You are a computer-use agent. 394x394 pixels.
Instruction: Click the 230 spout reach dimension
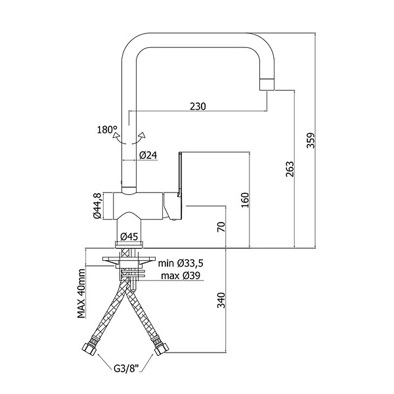[x=198, y=106]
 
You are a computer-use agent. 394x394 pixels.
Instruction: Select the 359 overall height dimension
[x=311, y=141]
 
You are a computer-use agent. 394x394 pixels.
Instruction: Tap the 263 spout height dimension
[x=290, y=169]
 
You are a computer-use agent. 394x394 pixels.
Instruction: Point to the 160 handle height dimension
[x=245, y=200]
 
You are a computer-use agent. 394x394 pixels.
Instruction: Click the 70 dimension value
[x=222, y=227]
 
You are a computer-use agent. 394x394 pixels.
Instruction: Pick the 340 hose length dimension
[x=222, y=300]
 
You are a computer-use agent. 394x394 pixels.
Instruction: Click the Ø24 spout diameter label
[x=148, y=155]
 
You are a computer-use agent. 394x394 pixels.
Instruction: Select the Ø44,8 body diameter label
[x=97, y=206]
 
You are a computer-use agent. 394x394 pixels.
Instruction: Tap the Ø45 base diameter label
[x=129, y=236]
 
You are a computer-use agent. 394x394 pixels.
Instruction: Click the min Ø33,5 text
[x=181, y=263]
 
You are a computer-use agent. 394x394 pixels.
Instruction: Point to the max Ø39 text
[x=181, y=276]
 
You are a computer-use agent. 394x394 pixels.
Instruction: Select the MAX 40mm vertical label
[x=81, y=294]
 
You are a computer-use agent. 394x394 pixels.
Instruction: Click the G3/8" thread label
[x=126, y=368]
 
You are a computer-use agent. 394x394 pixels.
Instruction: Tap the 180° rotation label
[x=107, y=130]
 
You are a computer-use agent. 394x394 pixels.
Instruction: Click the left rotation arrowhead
[x=116, y=135]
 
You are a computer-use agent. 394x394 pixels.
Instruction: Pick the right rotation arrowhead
[x=142, y=135]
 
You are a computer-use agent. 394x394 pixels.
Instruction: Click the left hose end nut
[x=89, y=349]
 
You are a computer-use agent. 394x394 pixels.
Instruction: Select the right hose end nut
[x=162, y=349]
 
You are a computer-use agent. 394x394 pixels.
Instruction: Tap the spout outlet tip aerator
[x=267, y=84]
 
